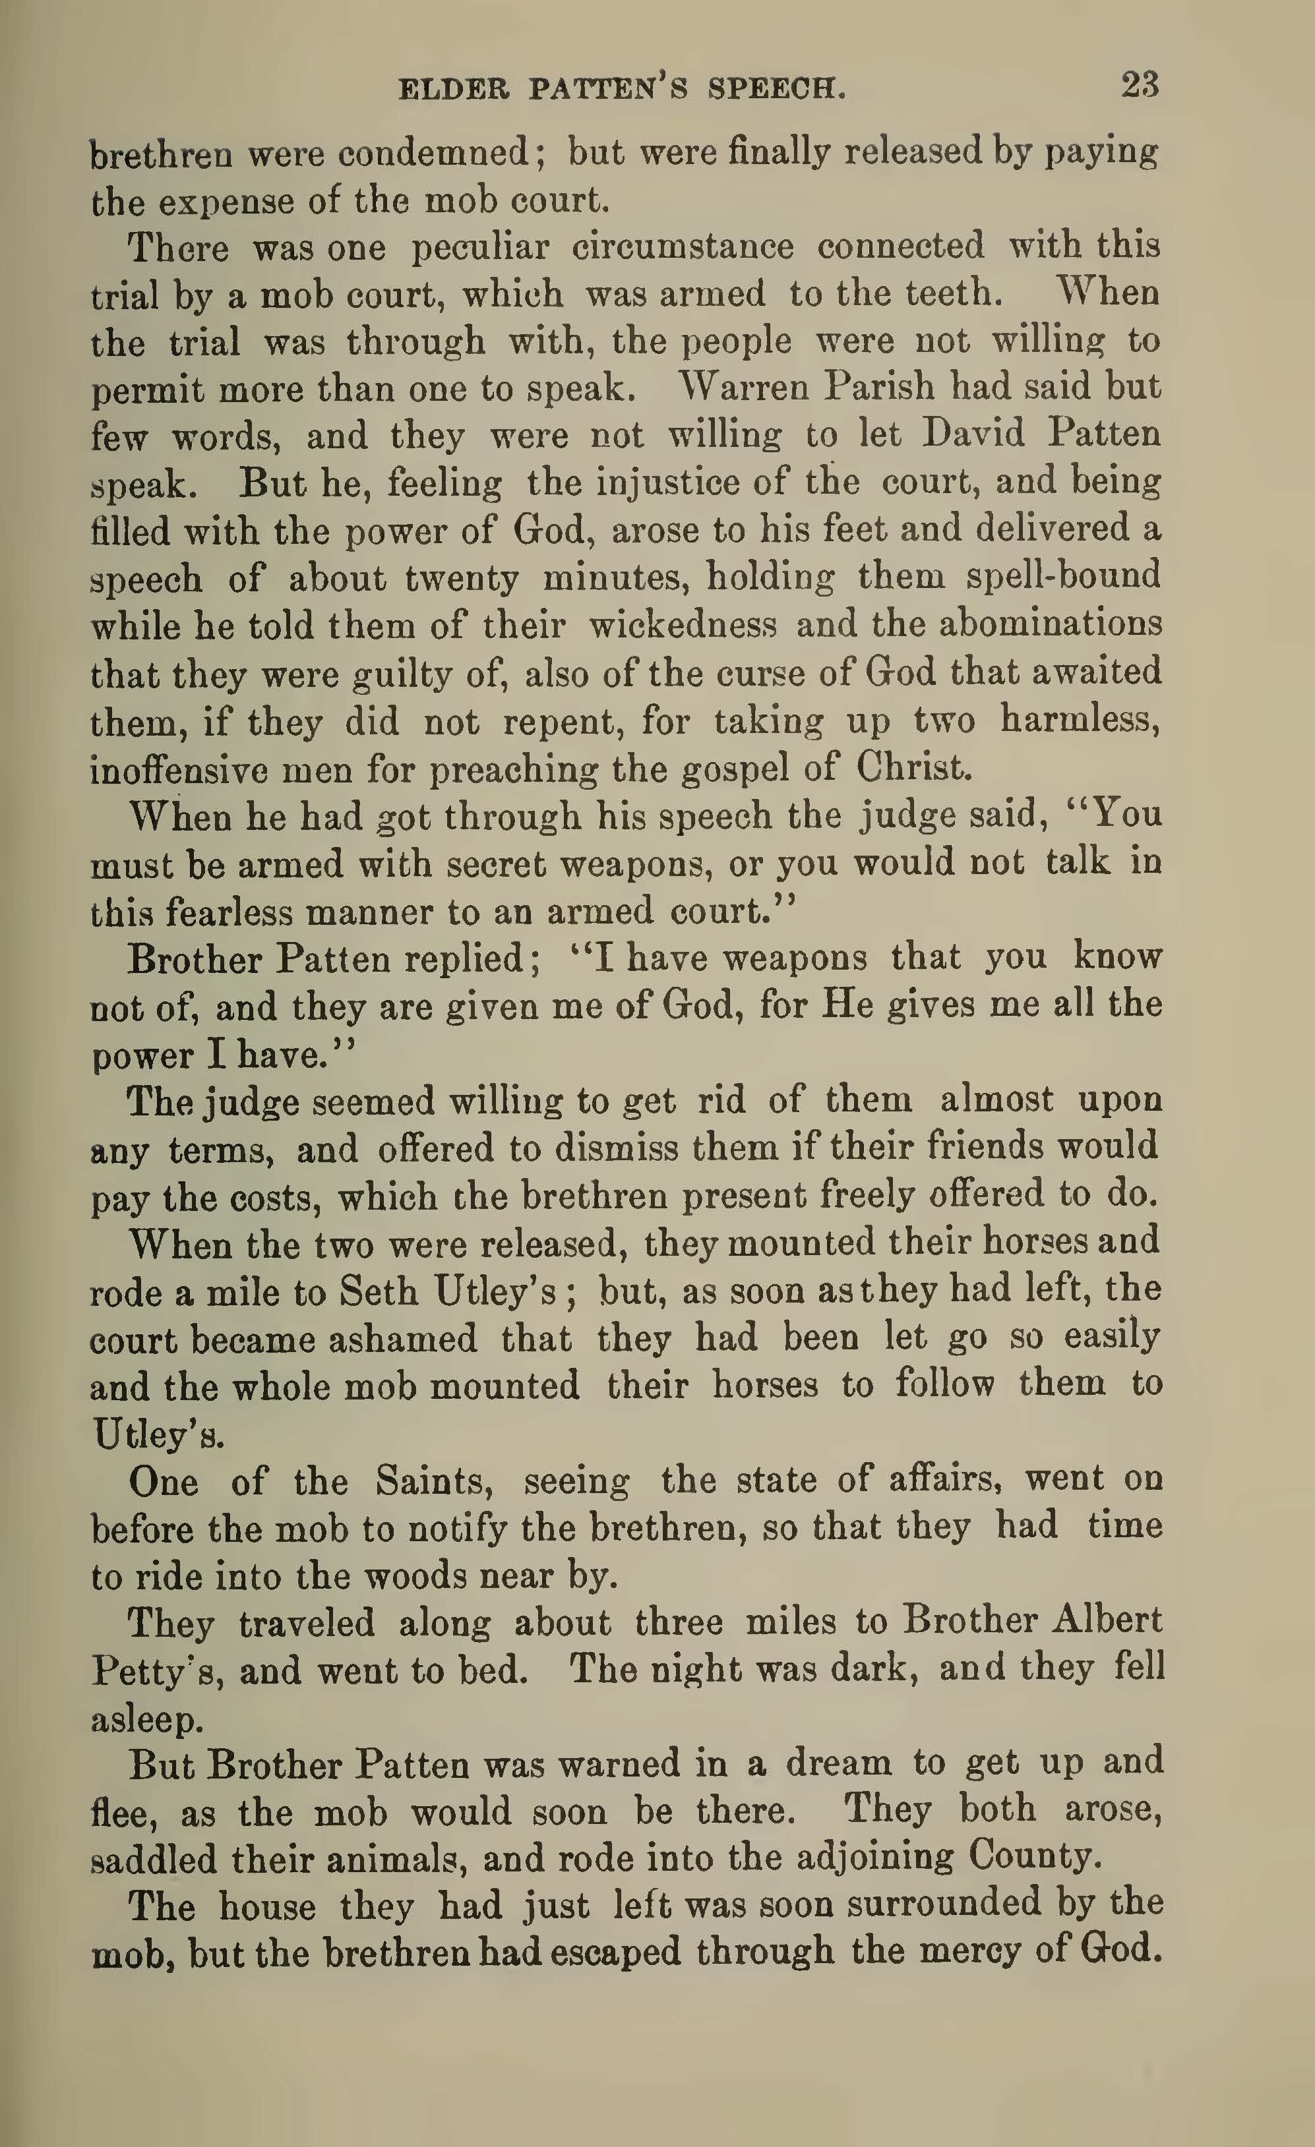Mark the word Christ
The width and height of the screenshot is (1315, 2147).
[x=911, y=768]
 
